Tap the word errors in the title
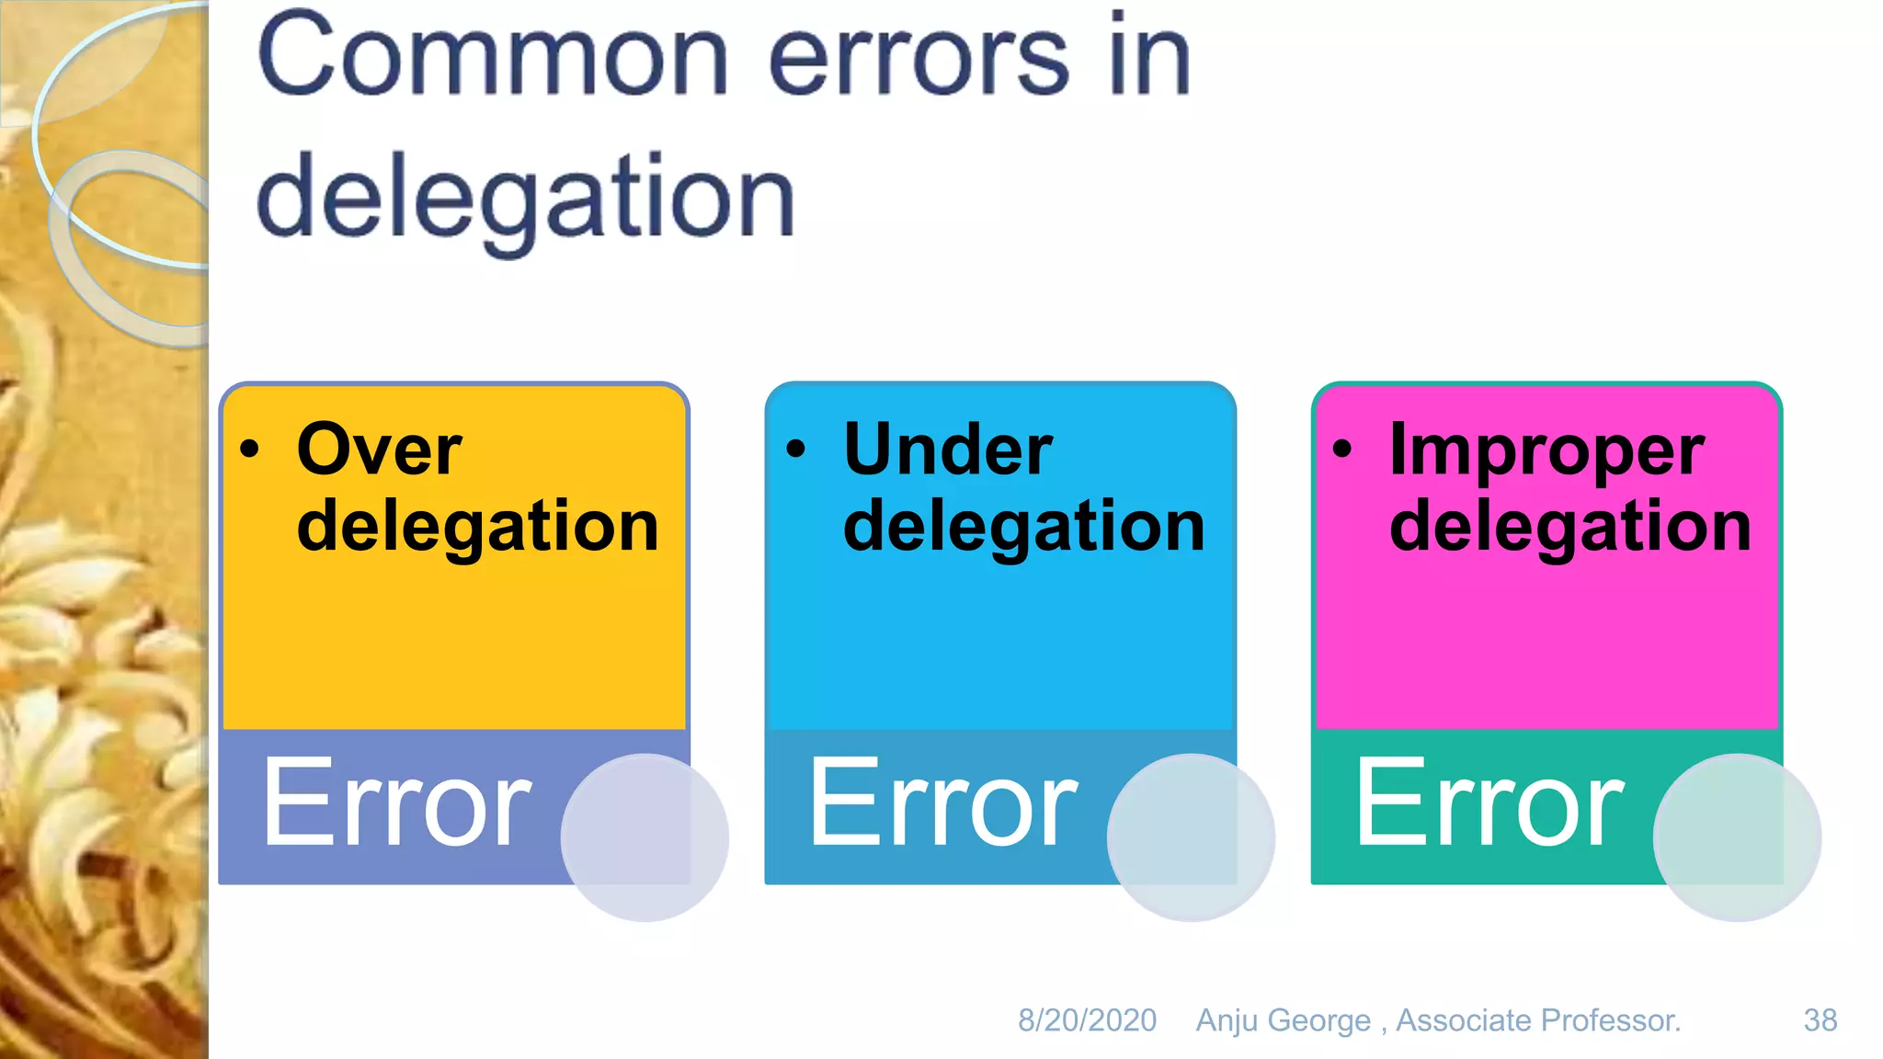(x=919, y=61)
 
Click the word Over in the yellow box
(x=379, y=450)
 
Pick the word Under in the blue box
(x=948, y=450)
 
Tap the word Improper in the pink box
(x=1547, y=451)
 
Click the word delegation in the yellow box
(x=478, y=527)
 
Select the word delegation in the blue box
(x=1024, y=527)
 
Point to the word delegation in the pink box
(x=1570, y=527)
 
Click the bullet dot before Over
(x=250, y=450)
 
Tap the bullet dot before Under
(x=796, y=450)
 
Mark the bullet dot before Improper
(x=1342, y=450)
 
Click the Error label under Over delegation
(x=397, y=803)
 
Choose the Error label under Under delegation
(x=943, y=803)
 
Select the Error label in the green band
(x=1489, y=803)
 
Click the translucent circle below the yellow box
(x=645, y=837)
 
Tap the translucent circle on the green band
(x=1737, y=837)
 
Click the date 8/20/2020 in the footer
(x=1087, y=1020)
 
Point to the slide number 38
(x=1820, y=1020)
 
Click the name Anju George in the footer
(x=1284, y=1020)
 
